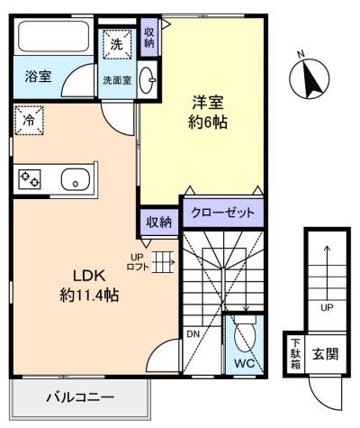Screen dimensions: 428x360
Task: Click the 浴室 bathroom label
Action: click(37, 77)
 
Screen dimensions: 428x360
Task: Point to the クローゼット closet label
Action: click(222, 214)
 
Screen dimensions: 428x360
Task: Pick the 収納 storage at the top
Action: click(150, 37)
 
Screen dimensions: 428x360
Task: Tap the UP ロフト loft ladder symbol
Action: click(162, 261)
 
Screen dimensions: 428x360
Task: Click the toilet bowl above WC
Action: click(243, 337)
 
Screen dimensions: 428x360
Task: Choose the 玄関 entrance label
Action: click(326, 352)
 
